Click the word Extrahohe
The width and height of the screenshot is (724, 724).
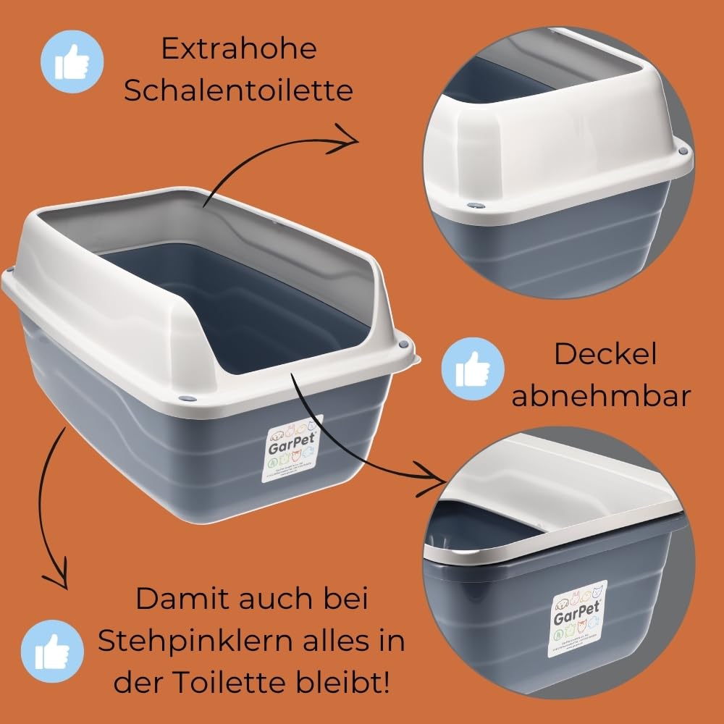238,50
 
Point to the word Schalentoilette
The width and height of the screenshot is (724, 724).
238,91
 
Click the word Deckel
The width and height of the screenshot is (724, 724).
605,355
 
